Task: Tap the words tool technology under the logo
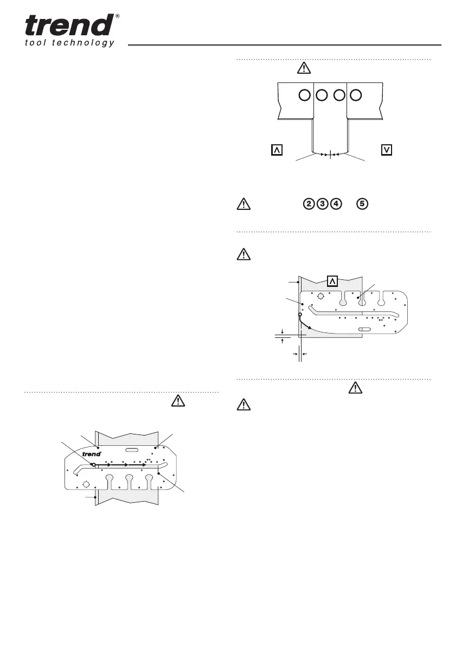click(x=69, y=43)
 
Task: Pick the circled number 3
click(x=322, y=204)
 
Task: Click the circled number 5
click(x=363, y=204)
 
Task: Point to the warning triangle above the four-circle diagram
click(x=304, y=67)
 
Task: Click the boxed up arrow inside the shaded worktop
click(x=333, y=280)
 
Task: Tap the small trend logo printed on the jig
click(x=92, y=454)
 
